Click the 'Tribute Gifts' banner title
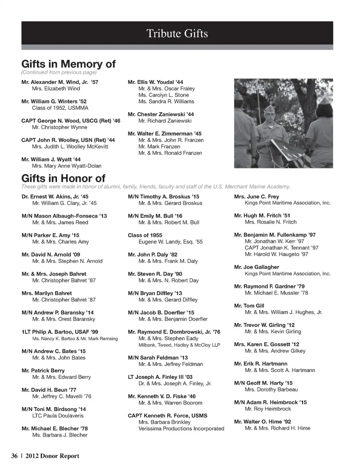(x=177, y=34)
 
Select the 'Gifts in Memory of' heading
(x=68, y=64)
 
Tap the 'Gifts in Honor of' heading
(x=63, y=178)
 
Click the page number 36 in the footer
(x=15, y=456)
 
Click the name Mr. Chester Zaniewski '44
(x=160, y=114)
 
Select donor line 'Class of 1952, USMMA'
(x=60, y=108)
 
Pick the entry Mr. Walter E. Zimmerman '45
(x=164, y=134)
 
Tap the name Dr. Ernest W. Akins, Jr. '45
(x=55, y=197)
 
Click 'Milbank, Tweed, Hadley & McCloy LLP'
(x=179, y=345)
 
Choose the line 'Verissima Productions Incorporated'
(x=181, y=429)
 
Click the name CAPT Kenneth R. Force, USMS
(x=167, y=416)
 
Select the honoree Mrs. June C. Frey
(x=256, y=197)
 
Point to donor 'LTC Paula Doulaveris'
(x=58, y=416)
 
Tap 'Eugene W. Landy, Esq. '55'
(x=170, y=242)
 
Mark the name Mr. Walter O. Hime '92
(x=262, y=422)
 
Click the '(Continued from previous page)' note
(x=59, y=72)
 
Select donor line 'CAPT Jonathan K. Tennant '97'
(x=281, y=248)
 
